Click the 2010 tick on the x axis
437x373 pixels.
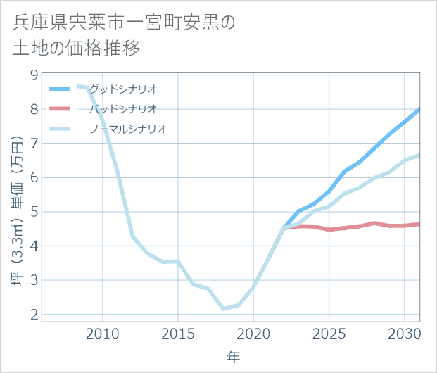(103, 332)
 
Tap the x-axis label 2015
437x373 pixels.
(178, 332)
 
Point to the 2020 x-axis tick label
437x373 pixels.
(253, 332)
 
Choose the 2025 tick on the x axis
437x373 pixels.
(329, 332)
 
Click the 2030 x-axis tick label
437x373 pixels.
(405, 332)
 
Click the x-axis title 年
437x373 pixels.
(233, 358)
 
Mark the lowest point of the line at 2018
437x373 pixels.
(223, 309)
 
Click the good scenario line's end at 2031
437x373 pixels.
(419, 109)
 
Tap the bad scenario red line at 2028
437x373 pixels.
(374, 223)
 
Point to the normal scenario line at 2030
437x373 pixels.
(405, 160)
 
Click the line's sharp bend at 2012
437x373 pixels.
(133, 236)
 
